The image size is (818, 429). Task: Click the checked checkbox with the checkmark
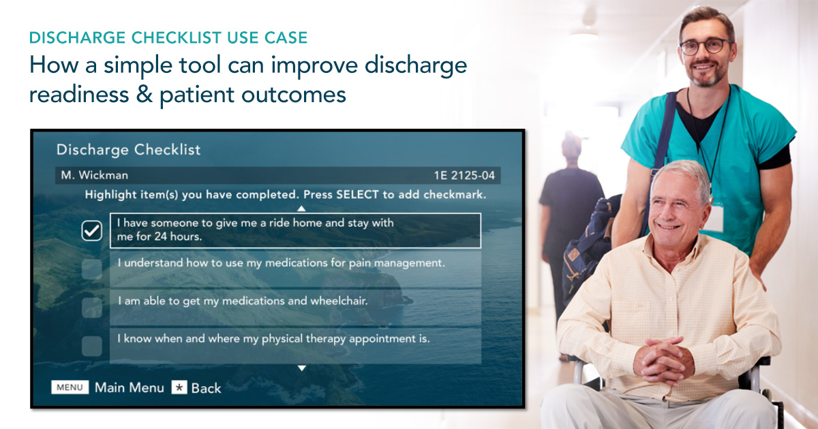click(x=91, y=232)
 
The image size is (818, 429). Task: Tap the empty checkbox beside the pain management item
click(x=91, y=269)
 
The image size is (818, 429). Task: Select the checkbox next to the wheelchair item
click(x=91, y=308)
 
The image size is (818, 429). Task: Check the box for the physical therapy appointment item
click(x=91, y=346)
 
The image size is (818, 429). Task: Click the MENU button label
click(x=70, y=387)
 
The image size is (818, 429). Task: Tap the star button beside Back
click(x=179, y=387)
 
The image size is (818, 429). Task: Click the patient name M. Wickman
click(x=94, y=175)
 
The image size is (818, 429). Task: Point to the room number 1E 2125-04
click(x=464, y=176)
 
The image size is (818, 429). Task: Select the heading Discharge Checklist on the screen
click(x=128, y=150)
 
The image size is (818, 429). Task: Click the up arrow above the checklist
click(x=301, y=208)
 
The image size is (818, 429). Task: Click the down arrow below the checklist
click(x=301, y=368)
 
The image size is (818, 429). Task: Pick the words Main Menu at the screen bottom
click(x=130, y=387)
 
